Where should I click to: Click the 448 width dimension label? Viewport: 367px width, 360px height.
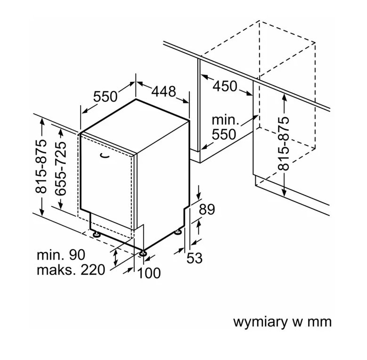tap(163, 91)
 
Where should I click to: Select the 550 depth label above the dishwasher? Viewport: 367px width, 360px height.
tap(105, 97)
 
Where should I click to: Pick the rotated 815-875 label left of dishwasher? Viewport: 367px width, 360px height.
tap(41, 166)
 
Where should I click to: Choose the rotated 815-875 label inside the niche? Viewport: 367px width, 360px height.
tap(283, 144)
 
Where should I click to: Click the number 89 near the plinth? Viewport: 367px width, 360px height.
tap(206, 209)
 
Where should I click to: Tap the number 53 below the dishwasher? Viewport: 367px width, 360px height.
tap(195, 258)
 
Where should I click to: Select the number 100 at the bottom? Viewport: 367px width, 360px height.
tap(149, 272)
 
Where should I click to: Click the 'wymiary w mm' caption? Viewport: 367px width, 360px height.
tap(282, 322)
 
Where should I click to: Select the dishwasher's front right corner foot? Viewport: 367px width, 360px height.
tap(143, 253)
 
